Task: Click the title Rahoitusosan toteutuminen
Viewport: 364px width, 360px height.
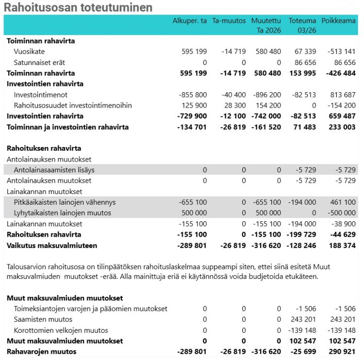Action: (x=78, y=7)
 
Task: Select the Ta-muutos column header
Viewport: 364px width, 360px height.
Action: (x=229, y=21)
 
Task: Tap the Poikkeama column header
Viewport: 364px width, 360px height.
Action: (x=338, y=21)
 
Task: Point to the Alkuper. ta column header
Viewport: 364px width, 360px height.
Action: (x=190, y=21)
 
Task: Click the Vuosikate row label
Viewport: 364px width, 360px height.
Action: (x=29, y=51)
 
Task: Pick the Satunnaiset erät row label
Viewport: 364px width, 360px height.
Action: (x=39, y=63)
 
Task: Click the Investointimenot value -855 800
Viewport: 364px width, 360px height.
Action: (x=193, y=95)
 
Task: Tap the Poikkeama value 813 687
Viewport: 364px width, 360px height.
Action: (x=343, y=95)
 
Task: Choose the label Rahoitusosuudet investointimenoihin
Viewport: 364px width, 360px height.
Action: (x=73, y=105)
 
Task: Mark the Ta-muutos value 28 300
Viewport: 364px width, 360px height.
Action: (x=234, y=105)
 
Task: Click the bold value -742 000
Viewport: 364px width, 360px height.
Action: (x=266, y=116)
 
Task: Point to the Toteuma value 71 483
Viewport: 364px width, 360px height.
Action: (x=305, y=127)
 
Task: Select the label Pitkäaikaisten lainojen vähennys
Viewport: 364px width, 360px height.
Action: (x=65, y=202)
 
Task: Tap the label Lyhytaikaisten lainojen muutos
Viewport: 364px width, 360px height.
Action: (x=63, y=213)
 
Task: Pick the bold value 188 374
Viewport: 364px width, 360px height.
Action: (x=342, y=245)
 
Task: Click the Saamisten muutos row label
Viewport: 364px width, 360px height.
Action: (x=43, y=319)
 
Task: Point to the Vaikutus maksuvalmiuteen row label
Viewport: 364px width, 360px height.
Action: (x=52, y=245)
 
